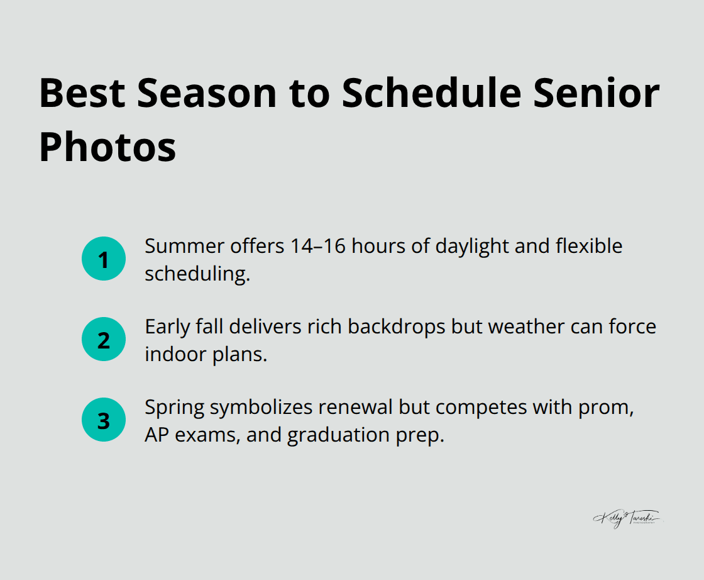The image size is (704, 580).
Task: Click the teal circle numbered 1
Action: point(104,259)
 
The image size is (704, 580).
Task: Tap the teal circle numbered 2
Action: point(104,340)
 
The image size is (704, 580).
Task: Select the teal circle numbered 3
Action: point(104,420)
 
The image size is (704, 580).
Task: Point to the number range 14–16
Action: point(318,246)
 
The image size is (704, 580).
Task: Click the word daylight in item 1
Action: point(465,247)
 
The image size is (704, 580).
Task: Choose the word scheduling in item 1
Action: point(197,274)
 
